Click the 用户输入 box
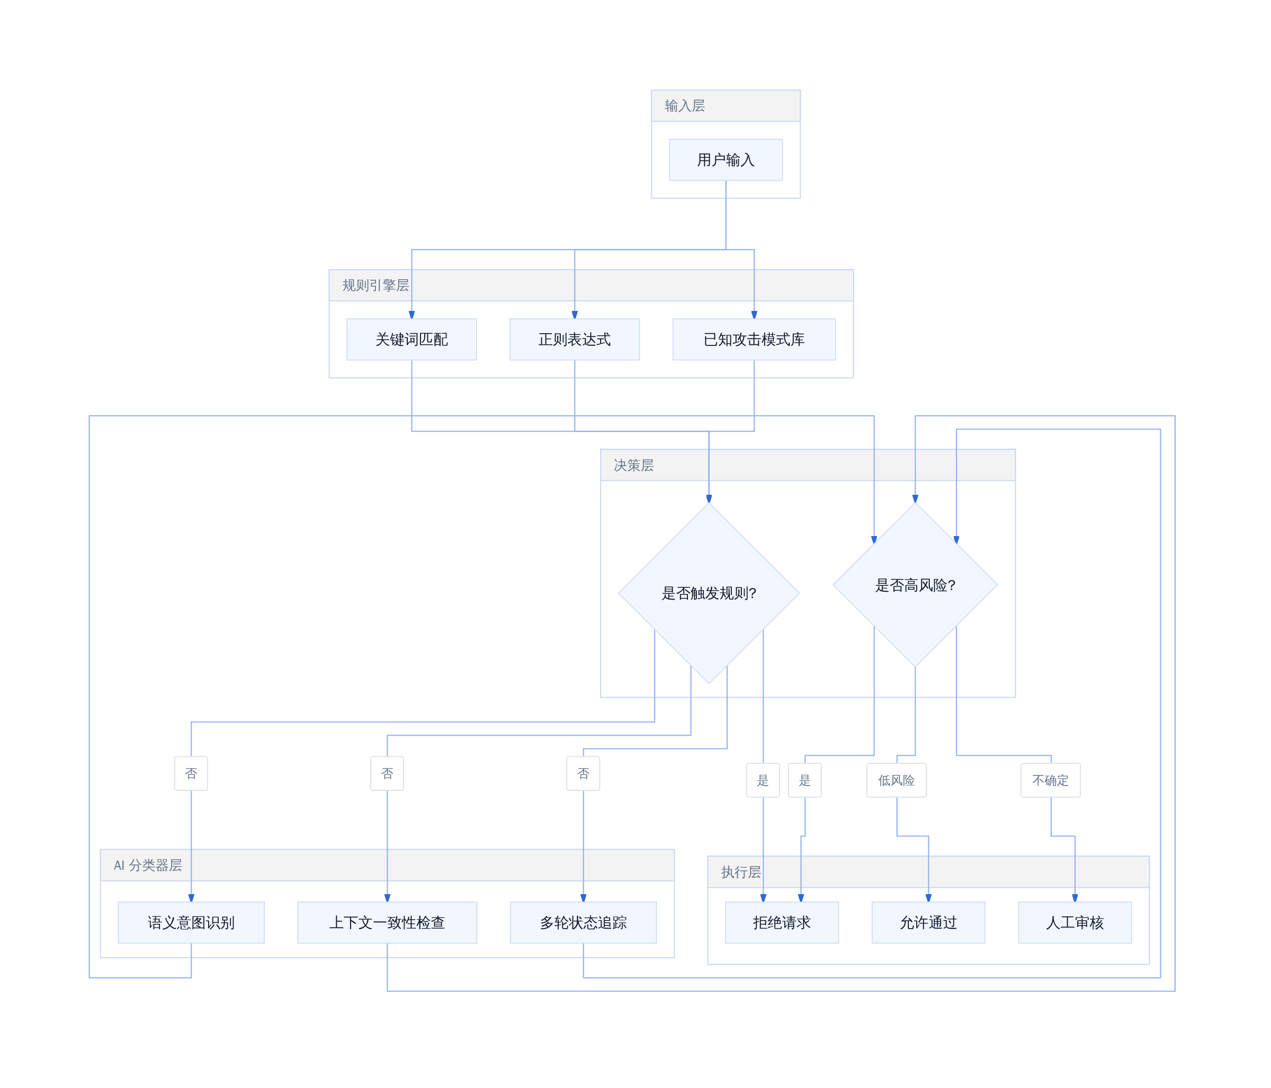[x=726, y=159]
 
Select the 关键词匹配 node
[x=411, y=340]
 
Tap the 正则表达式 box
[x=575, y=340]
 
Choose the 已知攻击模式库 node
[x=754, y=340]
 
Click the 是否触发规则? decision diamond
[x=709, y=593]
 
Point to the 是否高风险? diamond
[x=915, y=585]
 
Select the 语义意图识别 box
[x=191, y=922]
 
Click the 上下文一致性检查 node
[x=387, y=922]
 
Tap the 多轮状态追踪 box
[x=584, y=922]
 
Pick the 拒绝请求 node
[x=782, y=922]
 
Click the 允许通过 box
[x=929, y=922]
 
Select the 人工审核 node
[x=1075, y=922]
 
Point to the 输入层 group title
[x=685, y=106]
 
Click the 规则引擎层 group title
[x=375, y=286]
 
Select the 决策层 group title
[x=634, y=465]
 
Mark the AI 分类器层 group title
[x=148, y=865]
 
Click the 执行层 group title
[x=741, y=872]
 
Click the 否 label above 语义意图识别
[x=191, y=773]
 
